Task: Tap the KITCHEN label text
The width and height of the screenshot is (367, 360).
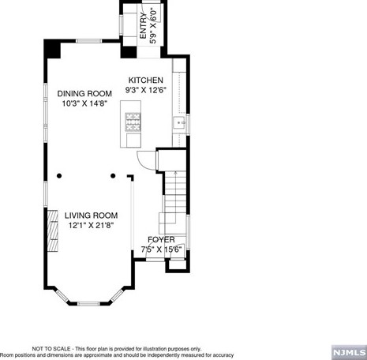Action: pos(146,81)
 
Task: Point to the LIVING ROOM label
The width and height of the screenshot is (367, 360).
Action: pos(91,215)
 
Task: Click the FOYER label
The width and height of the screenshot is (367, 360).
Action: pos(161,239)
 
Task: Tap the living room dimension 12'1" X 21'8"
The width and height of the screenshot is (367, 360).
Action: pos(91,225)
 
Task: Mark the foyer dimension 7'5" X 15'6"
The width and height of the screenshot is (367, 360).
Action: pos(161,249)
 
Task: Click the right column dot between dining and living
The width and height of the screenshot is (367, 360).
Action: pos(113,175)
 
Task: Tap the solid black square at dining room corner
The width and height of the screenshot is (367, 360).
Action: pos(52,47)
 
